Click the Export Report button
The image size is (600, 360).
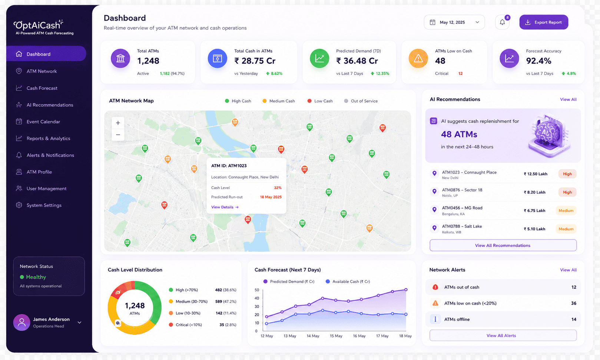click(543, 22)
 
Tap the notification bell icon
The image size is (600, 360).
click(502, 22)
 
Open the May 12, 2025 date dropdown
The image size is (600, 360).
click(454, 22)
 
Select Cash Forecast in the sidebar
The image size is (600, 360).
click(42, 88)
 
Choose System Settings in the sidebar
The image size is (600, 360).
click(44, 205)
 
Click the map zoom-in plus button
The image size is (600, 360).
click(118, 123)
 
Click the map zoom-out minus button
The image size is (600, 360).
click(118, 135)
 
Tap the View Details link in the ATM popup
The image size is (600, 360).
click(225, 207)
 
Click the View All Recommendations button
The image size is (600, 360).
click(503, 245)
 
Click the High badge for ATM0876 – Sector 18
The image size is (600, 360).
click(567, 192)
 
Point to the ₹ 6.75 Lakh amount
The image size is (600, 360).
click(534, 211)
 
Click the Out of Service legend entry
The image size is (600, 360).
click(361, 101)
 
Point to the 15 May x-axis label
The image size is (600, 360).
click(336, 336)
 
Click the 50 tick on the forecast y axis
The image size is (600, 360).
click(257, 290)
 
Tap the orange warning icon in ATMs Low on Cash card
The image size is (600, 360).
click(418, 58)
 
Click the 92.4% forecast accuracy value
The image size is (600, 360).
click(538, 61)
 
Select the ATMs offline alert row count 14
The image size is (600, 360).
click(573, 319)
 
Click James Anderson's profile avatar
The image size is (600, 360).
click(21, 322)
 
